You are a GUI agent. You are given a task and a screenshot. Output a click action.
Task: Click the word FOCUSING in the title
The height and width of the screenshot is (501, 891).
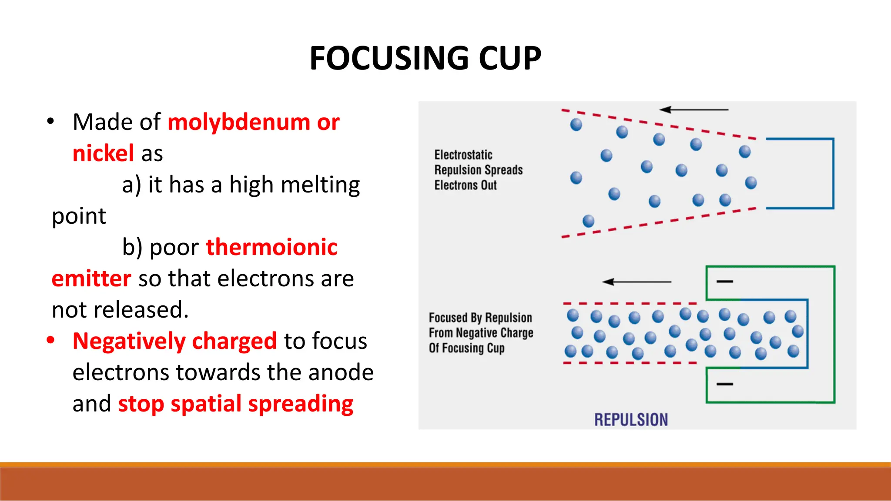point(389,58)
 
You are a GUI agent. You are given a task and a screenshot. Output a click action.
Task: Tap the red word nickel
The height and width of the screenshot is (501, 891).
point(103,154)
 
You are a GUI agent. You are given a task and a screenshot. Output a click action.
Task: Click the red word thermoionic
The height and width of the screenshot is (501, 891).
point(271,248)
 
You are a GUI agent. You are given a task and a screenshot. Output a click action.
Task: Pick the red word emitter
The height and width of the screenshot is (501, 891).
point(91,279)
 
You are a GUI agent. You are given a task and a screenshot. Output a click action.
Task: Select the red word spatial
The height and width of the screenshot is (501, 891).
point(205,404)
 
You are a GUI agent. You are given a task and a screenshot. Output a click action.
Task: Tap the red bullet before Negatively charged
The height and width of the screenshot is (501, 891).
point(51,340)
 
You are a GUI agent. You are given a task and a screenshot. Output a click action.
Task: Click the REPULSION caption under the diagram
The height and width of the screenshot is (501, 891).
point(631,420)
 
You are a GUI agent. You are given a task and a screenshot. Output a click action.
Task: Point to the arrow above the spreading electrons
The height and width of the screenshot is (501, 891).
point(693,109)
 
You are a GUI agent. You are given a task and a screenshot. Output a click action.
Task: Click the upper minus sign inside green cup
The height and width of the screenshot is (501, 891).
point(725,282)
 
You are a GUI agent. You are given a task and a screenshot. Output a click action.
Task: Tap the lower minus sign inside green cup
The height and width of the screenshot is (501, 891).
point(725,384)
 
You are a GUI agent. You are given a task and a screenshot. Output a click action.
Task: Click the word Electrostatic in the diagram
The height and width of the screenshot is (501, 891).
point(463,155)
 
